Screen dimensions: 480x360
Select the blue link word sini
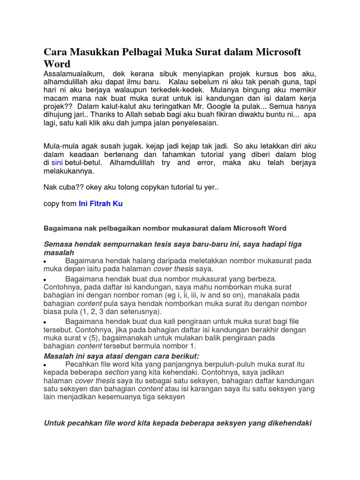click(57, 162)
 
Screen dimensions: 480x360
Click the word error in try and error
click(203, 162)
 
